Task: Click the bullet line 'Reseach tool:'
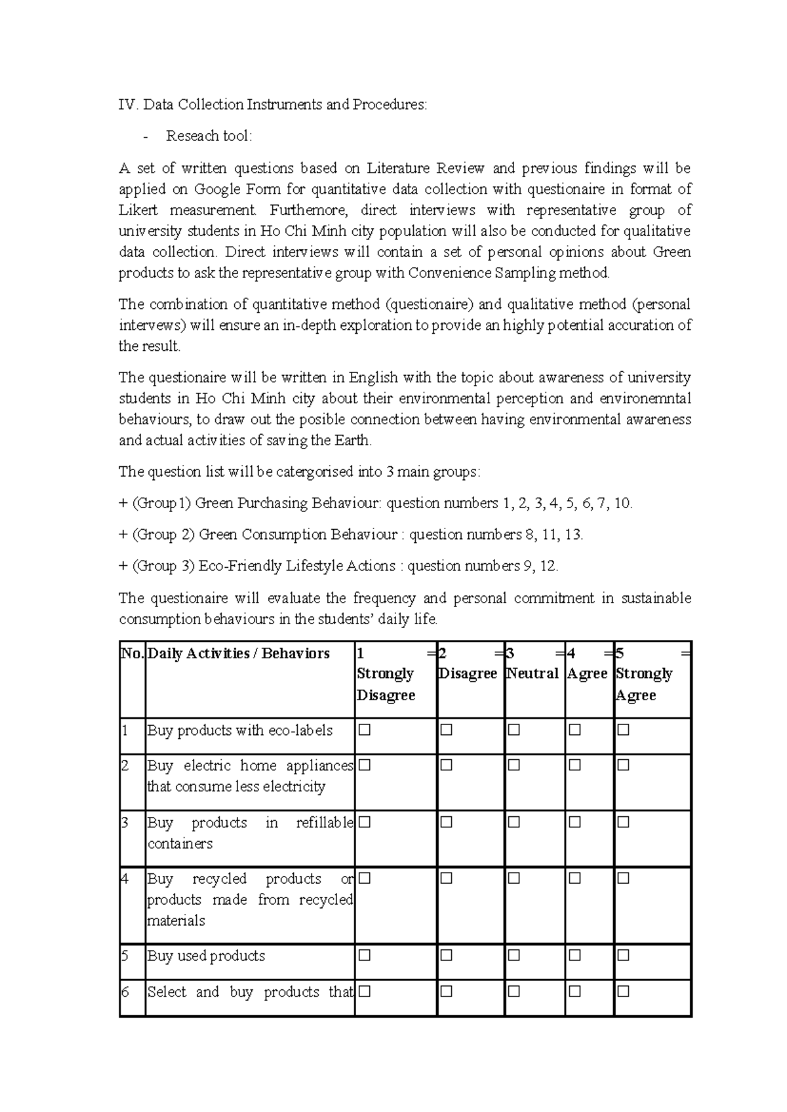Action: (x=209, y=136)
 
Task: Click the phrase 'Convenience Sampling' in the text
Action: (x=481, y=273)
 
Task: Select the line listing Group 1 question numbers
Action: (x=376, y=504)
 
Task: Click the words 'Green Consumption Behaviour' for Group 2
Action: (x=298, y=535)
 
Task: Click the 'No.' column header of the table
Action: (x=132, y=654)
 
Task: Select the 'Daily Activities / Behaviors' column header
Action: (x=239, y=654)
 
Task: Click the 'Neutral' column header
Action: (x=533, y=674)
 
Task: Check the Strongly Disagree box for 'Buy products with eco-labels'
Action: (x=365, y=730)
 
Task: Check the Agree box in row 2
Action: (x=575, y=765)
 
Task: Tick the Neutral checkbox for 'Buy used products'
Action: (x=514, y=956)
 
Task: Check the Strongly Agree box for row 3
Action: (x=623, y=822)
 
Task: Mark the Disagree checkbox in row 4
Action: (x=447, y=878)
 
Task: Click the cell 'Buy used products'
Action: (x=206, y=956)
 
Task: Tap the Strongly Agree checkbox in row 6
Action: (x=623, y=991)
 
